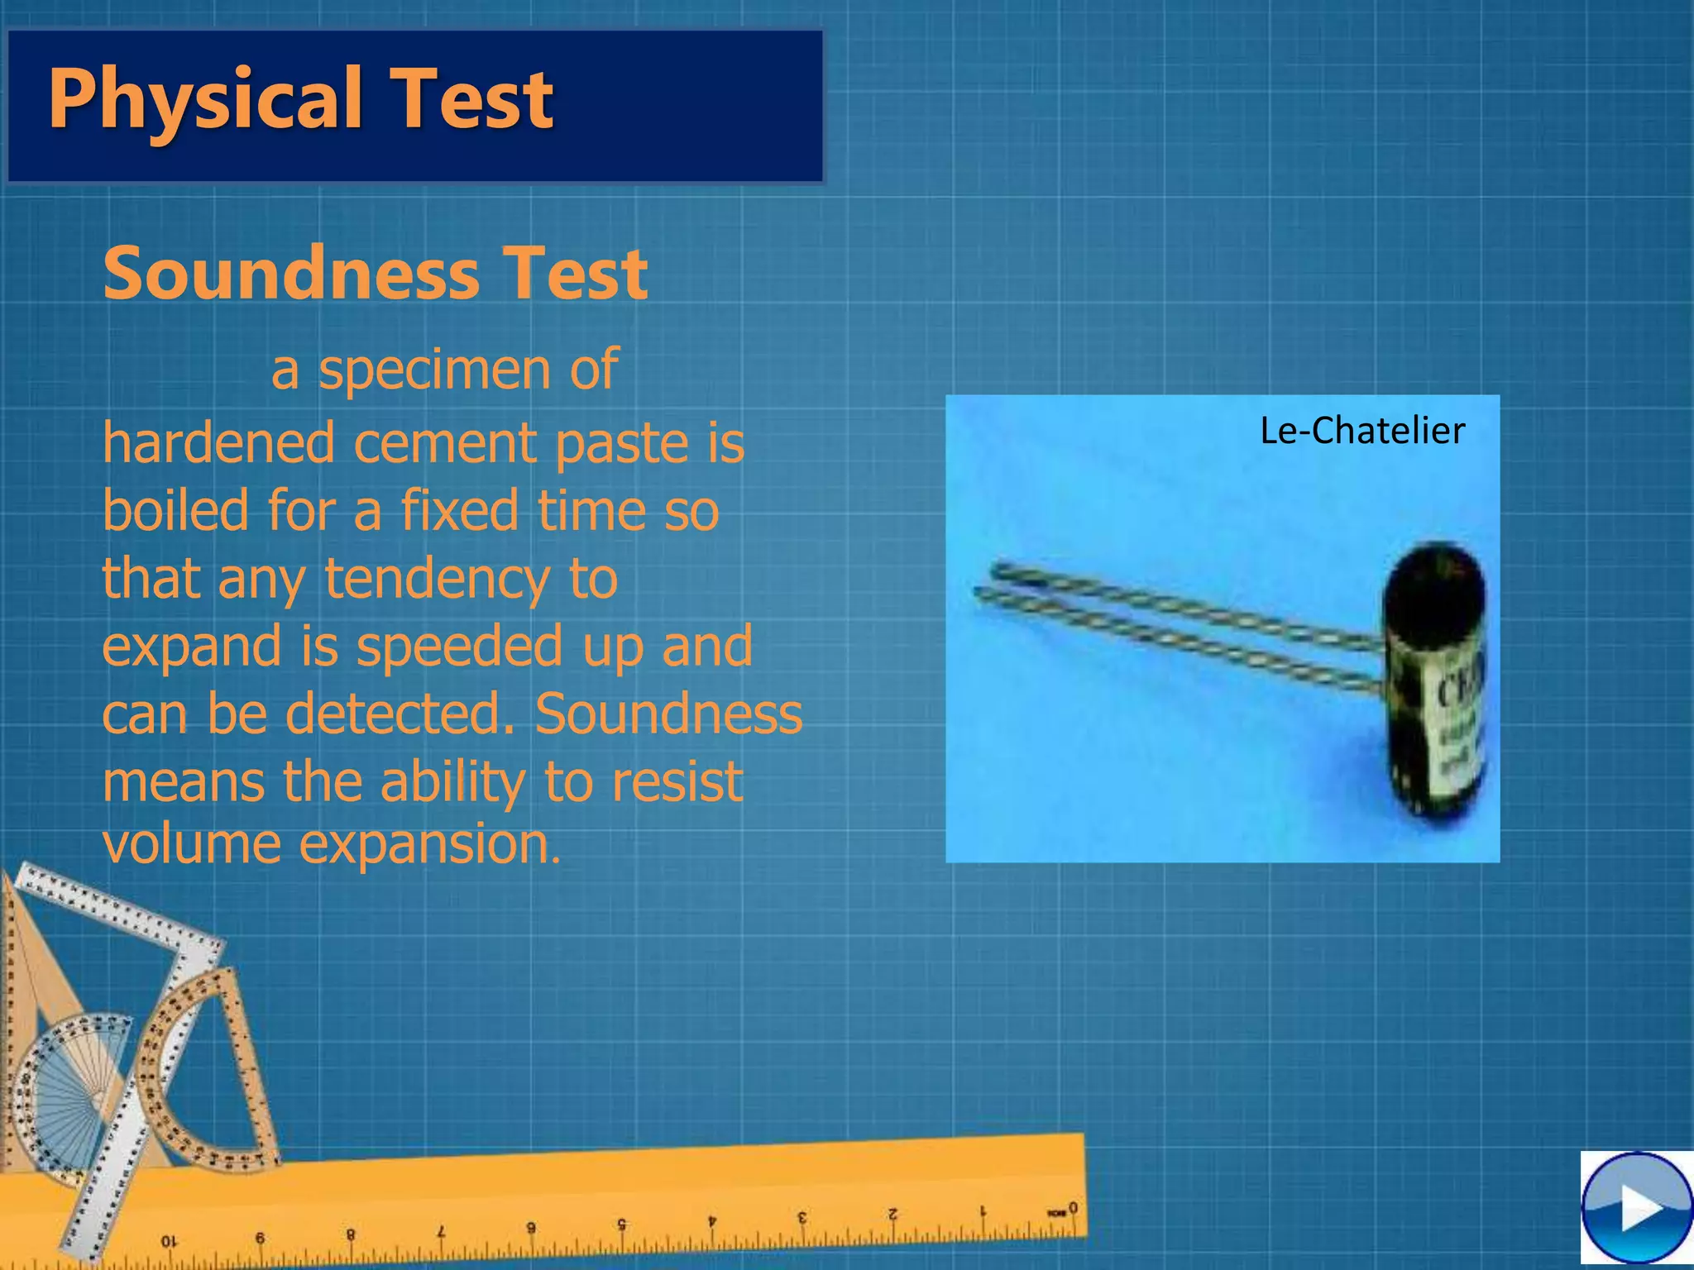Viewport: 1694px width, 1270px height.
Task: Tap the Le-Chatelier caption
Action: (1361, 431)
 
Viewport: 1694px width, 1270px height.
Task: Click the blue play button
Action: (1636, 1210)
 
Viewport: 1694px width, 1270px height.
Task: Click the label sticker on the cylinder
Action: (1457, 719)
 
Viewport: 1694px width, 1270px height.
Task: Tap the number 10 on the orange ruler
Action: (169, 1241)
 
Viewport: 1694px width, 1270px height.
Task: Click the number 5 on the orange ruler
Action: (621, 1225)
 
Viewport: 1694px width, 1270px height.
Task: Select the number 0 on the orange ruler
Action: (1073, 1208)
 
